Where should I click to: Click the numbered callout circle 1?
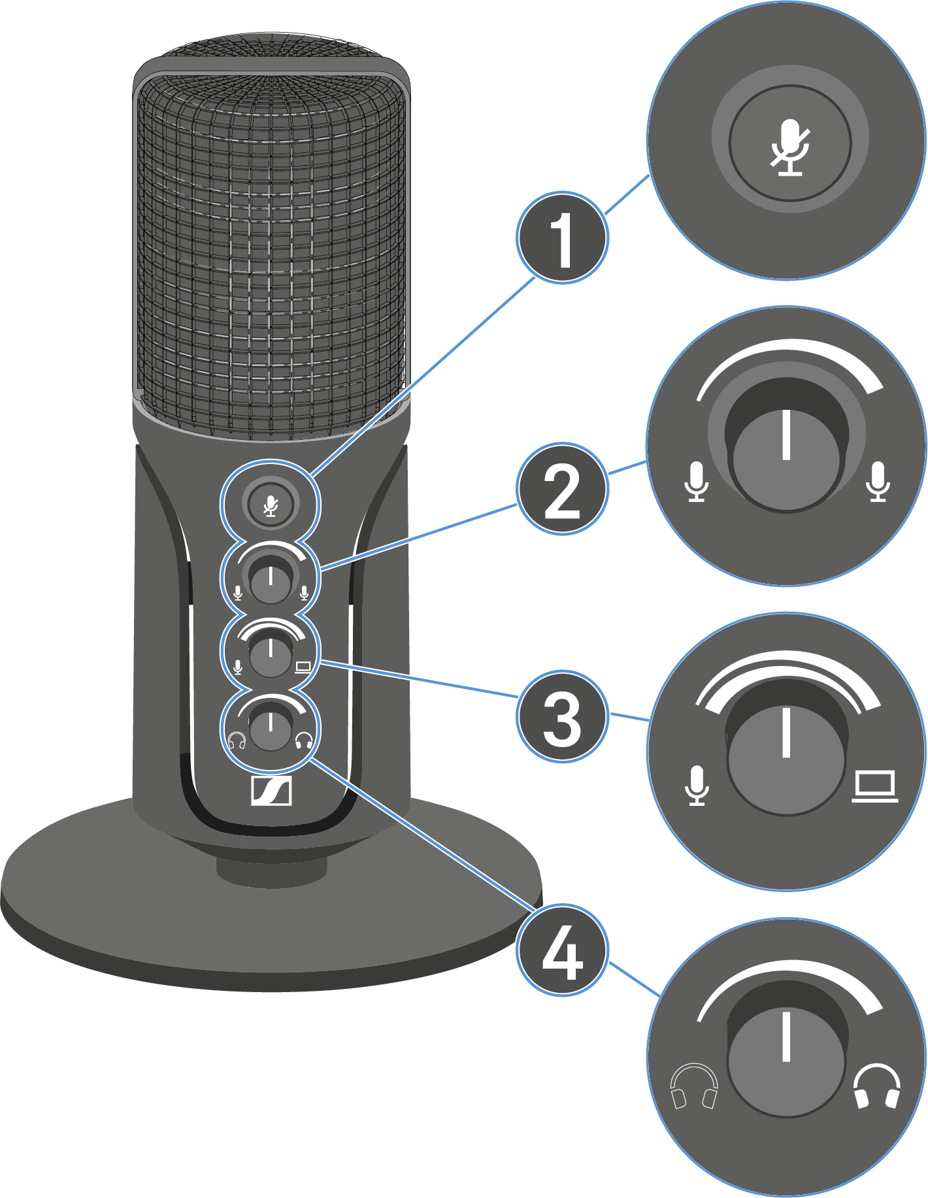click(562, 238)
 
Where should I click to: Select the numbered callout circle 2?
click(562, 489)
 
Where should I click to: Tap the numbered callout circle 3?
click(562, 716)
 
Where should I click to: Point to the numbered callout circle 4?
click(562, 950)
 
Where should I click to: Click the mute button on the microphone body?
click(271, 504)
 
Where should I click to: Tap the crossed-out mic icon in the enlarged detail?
click(790, 147)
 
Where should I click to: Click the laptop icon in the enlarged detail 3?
click(875, 786)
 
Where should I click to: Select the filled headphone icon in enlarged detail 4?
click(877, 1086)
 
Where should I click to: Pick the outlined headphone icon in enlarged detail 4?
click(694, 1086)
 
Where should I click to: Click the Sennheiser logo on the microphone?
click(271, 791)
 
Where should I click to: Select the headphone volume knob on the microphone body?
click(271, 729)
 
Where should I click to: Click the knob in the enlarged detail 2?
click(787, 455)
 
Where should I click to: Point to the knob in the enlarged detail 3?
click(787, 758)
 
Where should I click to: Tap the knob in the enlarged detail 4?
click(787, 1059)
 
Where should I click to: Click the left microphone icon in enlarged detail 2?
click(697, 482)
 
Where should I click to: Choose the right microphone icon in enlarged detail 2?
click(878, 482)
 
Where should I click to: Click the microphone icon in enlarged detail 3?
click(697, 786)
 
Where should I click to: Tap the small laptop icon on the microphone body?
click(303, 667)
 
